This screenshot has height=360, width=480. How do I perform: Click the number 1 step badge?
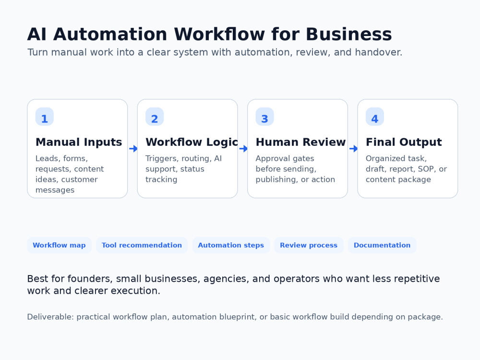[44, 117]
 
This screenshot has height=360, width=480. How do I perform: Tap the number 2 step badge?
[155, 117]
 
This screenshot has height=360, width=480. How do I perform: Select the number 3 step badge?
[265, 117]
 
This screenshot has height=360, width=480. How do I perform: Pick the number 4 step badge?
[375, 117]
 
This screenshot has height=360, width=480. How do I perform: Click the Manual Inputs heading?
[79, 142]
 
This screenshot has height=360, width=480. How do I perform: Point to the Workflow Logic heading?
[192, 143]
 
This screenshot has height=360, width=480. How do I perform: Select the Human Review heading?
[300, 142]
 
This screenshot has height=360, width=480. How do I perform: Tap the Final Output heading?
[404, 143]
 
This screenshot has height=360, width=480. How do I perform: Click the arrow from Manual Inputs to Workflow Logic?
[133, 149]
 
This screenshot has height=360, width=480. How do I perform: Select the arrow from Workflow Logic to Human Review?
[243, 149]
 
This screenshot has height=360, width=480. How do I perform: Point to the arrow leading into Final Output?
[353, 149]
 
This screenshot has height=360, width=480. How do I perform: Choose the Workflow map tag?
[60, 245]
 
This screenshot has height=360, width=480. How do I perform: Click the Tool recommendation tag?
[142, 245]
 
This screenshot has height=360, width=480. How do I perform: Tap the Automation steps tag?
[231, 245]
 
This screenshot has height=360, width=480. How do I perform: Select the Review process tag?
[309, 245]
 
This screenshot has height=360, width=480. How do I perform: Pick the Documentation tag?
[382, 245]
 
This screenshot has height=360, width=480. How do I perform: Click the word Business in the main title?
[349, 34]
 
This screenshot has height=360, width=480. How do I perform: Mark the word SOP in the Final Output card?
[426, 169]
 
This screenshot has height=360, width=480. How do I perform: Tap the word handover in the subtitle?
[378, 52]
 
